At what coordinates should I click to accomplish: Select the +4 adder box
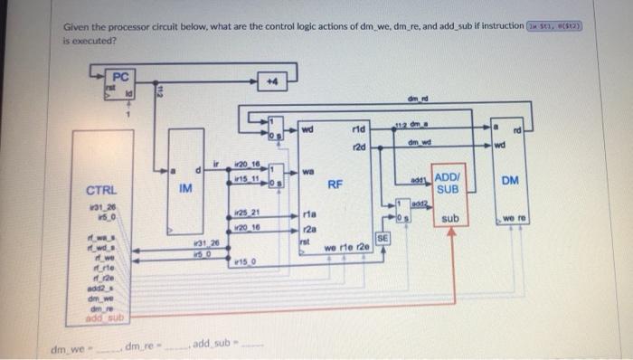coord(269,81)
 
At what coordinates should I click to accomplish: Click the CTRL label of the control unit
coord(100,191)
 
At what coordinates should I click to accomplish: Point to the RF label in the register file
coord(335,183)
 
